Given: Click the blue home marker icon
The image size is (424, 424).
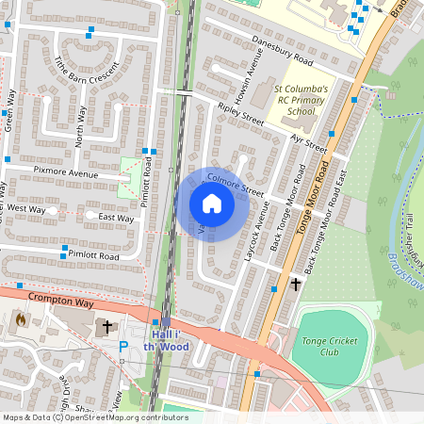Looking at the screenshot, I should coord(212,204).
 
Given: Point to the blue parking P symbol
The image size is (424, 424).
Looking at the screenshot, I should coord(122,347).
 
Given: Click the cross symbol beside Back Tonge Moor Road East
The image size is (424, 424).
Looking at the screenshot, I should coord(296,283).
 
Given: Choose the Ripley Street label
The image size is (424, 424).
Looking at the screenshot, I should coord(241,114).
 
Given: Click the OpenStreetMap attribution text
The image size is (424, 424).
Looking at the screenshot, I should coord(94,417).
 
